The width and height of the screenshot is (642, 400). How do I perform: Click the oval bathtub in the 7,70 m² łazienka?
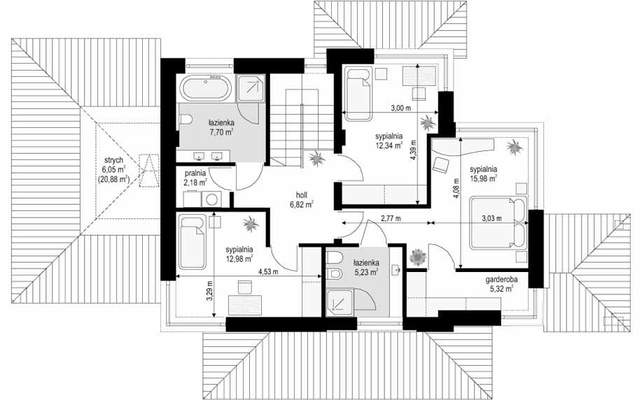pyautogui.click(x=206, y=88)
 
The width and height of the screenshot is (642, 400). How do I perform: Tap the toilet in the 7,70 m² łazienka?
pyautogui.click(x=186, y=120)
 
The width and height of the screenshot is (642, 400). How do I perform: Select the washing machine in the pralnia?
pyautogui.click(x=211, y=199)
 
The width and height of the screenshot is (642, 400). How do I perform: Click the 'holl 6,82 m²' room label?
pyautogui.click(x=302, y=200)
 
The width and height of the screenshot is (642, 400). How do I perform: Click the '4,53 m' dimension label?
pyautogui.click(x=269, y=271)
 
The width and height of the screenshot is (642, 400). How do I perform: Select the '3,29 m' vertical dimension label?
pyautogui.click(x=209, y=290)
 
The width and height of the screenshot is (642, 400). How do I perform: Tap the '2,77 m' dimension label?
pyautogui.click(x=391, y=218)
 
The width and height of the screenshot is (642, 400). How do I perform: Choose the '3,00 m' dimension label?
pyautogui.click(x=401, y=108)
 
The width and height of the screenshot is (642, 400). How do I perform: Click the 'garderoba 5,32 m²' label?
pyautogui.click(x=501, y=285)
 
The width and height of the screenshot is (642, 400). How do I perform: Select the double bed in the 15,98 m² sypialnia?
pyautogui.click(x=498, y=223)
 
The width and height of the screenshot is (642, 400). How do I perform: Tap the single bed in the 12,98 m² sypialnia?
pyautogui.click(x=193, y=243)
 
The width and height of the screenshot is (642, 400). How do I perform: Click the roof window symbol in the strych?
pyautogui.click(x=148, y=170)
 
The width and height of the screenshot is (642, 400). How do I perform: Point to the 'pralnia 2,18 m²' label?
pyautogui.click(x=195, y=178)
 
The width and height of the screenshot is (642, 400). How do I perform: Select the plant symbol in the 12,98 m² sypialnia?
pyautogui.click(x=250, y=224)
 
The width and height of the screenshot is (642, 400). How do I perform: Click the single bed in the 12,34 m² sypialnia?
pyautogui.click(x=358, y=94)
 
